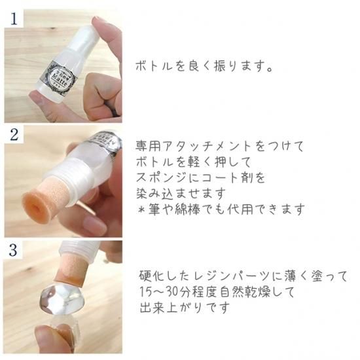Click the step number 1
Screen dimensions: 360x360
[x=14, y=19]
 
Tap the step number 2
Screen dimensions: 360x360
[x=14, y=135]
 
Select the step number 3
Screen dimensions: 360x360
[x=13, y=250]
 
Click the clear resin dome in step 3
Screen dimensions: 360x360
[x=62, y=300]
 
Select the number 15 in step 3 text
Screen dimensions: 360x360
[x=145, y=292]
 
